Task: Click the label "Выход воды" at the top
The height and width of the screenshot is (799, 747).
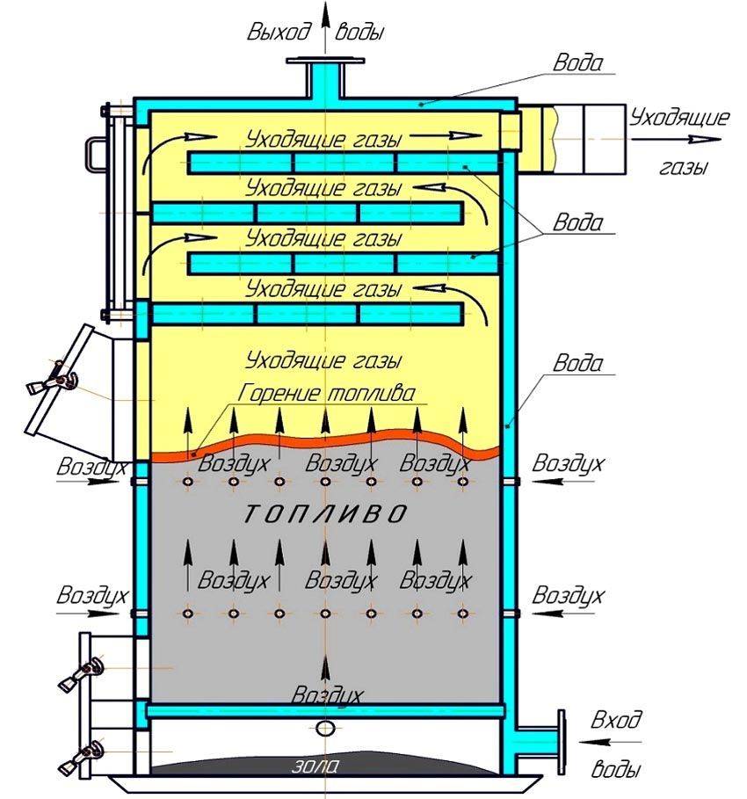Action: tap(317, 33)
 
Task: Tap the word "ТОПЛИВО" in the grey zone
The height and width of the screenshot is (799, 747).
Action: tap(324, 514)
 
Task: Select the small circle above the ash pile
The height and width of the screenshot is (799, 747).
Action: tap(325, 727)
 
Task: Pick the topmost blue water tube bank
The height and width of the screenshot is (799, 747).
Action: tap(343, 163)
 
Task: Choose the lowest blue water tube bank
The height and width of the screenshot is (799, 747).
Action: tap(308, 314)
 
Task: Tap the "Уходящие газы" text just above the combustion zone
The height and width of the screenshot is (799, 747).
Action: tap(324, 360)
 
